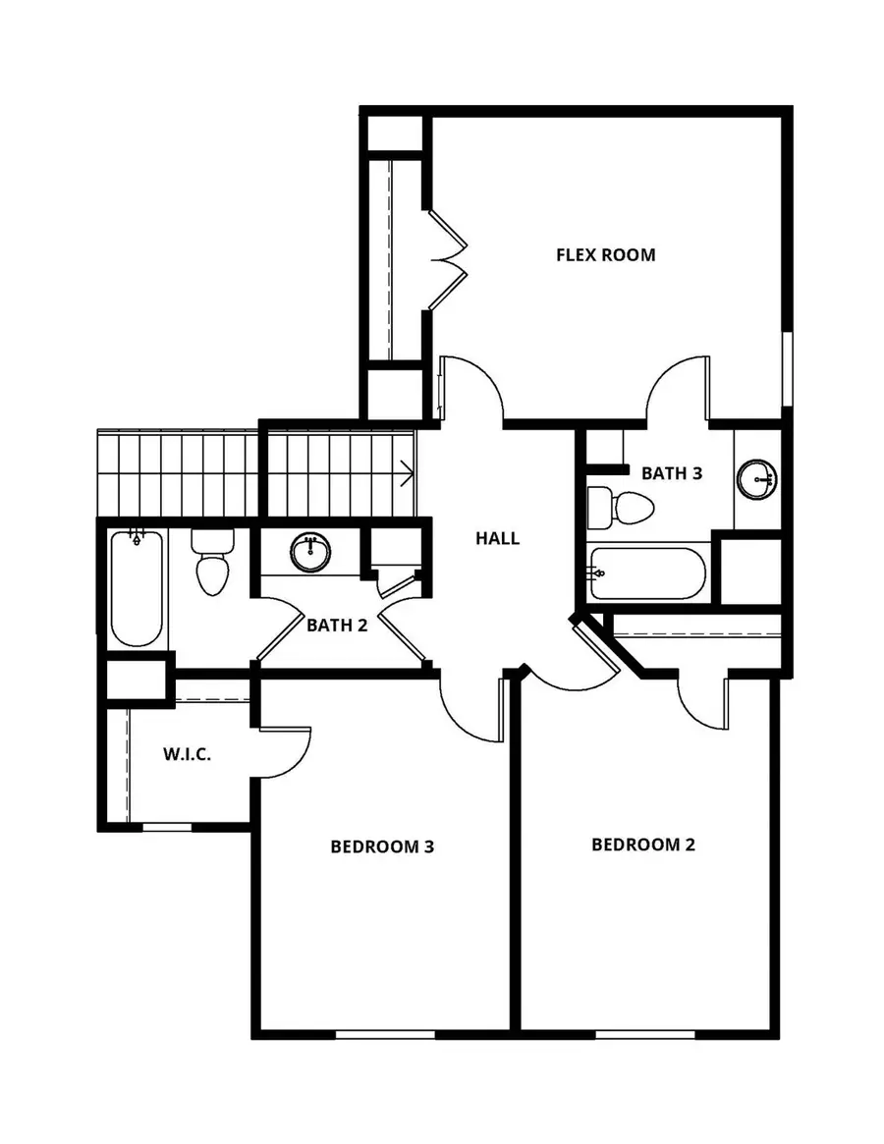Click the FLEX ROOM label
point(605,255)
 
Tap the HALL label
point(497,538)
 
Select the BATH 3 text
point(672,473)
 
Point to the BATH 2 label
point(337,625)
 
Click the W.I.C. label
point(188,756)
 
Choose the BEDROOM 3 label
point(382,845)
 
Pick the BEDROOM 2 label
point(643,844)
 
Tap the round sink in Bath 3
point(757,479)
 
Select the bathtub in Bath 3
point(647,573)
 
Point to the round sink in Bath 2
point(311,552)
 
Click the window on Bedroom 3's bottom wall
point(384,1033)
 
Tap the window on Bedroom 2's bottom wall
point(645,1033)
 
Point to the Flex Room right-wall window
point(786,367)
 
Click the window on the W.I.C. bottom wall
point(167,828)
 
